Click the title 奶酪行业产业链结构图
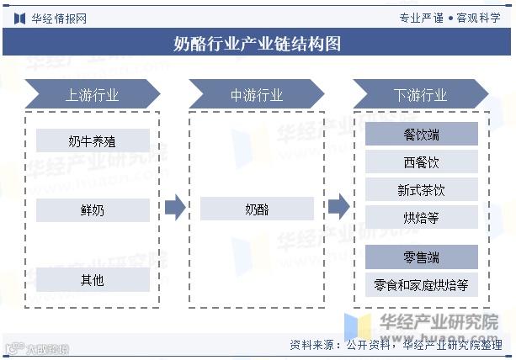coord(258,43)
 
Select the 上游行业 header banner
coord(92,94)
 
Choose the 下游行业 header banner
coord(420,94)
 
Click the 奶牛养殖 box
coord(93,140)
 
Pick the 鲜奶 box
coord(93,209)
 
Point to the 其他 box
coord(93,279)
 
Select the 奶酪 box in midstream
coord(257,209)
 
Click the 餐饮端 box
coord(421,134)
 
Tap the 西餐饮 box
coord(421,161)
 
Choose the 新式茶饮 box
coord(421,189)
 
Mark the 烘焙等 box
coord(421,217)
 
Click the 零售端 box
coord(421,257)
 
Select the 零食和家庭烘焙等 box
coord(421,284)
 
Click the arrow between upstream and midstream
coord(174,208)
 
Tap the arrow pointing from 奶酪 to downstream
coord(338,206)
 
